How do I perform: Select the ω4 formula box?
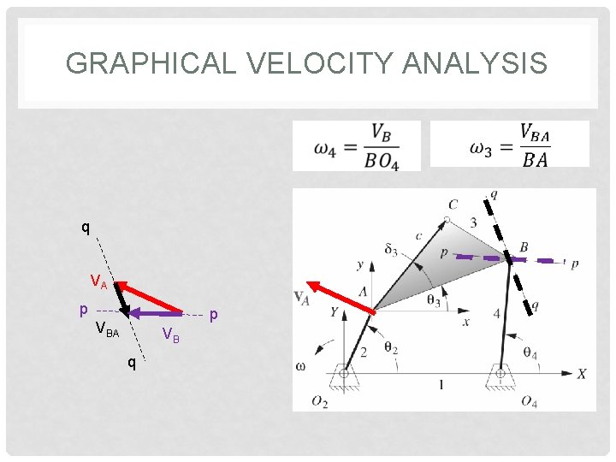click(x=357, y=145)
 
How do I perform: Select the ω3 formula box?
click(x=509, y=144)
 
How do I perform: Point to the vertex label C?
click(x=453, y=204)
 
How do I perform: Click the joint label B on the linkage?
click(x=524, y=247)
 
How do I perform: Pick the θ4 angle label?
click(x=530, y=353)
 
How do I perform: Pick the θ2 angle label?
click(x=390, y=348)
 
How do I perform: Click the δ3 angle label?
click(x=390, y=251)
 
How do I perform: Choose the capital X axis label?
click(x=581, y=374)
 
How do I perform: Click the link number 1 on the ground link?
click(x=441, y=386)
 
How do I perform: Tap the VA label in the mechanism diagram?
click(x=301, y=297)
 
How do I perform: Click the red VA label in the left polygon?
click(x=99, y=281)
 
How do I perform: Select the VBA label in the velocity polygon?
click(x=107, y=329)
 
